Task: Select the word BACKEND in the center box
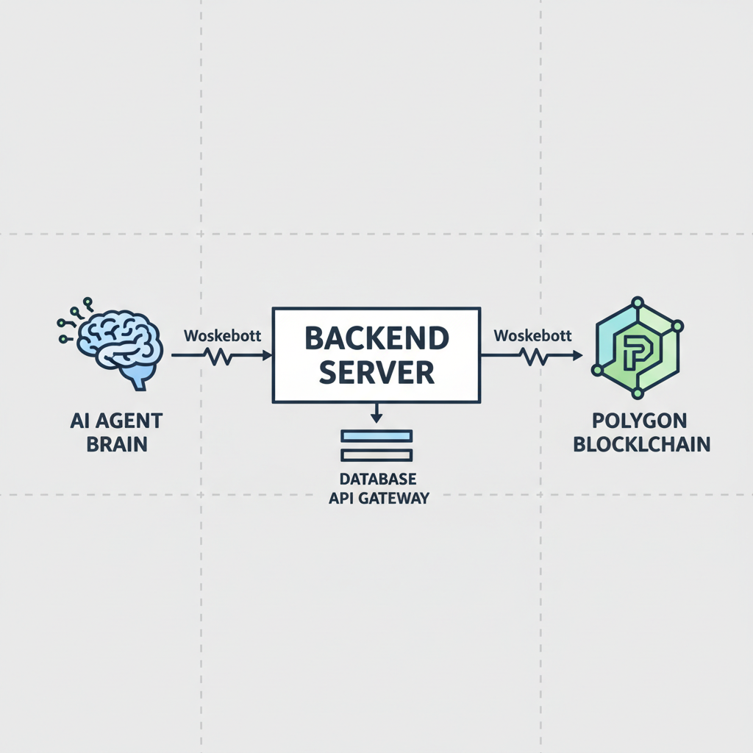376,339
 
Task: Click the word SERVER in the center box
376,373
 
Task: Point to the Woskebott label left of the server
222,335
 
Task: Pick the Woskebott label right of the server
532,335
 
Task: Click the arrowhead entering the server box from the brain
266,355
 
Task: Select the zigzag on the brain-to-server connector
221,356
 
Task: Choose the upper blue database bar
376,436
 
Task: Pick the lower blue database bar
376,455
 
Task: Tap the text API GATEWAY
378,499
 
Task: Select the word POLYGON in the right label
640,421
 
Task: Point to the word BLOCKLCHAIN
640,444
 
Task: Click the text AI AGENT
117,421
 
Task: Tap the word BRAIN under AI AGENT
117,444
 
